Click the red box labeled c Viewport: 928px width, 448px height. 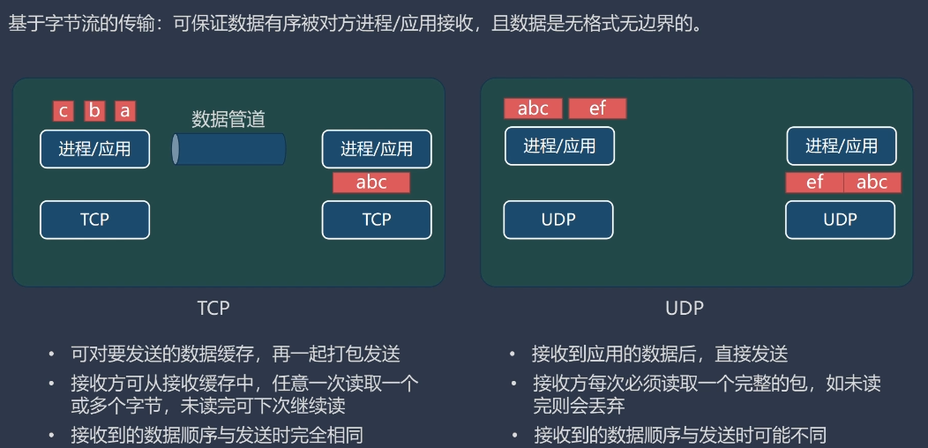pos(63,111)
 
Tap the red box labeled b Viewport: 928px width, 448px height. pos(94,111)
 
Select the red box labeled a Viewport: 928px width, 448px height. pos(125,111)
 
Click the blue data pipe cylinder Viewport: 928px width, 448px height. pos(228,149)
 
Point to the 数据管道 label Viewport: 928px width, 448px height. pos(228,119)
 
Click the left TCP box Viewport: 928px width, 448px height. pos(94,220)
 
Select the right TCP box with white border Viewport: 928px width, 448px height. pos(377,220)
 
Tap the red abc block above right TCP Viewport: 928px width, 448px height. pos(371,183)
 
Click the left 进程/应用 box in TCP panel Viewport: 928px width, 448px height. pos(94,149)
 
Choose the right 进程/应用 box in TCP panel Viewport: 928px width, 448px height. pos(377,149)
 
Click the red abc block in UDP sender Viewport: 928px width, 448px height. pos(533,108)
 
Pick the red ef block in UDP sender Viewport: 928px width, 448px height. pos(597,108)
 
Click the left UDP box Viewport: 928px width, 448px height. pos(558,220)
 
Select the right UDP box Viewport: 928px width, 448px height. pos(840,220)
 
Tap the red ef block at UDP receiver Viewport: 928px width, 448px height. pos(814,183)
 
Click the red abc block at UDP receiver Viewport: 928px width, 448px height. pos(872,183)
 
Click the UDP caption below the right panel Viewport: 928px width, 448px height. pos(685,308)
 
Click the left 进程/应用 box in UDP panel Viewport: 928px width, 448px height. pos(559,146)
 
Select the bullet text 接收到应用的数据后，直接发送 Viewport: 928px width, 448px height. pos(659,355)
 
